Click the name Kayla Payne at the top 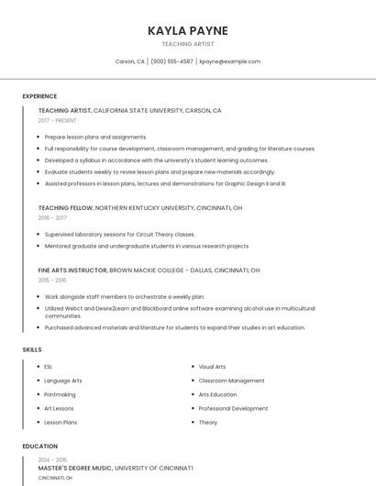[x=188, y=30]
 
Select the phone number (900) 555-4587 [x=171, y=61]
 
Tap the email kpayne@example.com [x=229, y=61]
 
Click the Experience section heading [x=39, y=95]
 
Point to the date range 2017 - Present [x=59, y=120]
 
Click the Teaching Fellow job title [x=65, y=208]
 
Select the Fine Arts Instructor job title [x=72, y=271]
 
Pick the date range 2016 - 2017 [x=52, y=218]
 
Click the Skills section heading [x=31, y=349]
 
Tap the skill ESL [x=49, y=367]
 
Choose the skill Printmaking [x=61, y=394]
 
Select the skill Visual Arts [x=212, y=367]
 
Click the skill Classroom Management [x=231, y=381]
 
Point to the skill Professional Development [x=233, y=408]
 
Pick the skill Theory [x=208, y=422]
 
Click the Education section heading [x=40, y=447]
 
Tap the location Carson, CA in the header [x=129, y=61]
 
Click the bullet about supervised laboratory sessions [x=119, y=234]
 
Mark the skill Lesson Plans [x=61, y=422]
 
